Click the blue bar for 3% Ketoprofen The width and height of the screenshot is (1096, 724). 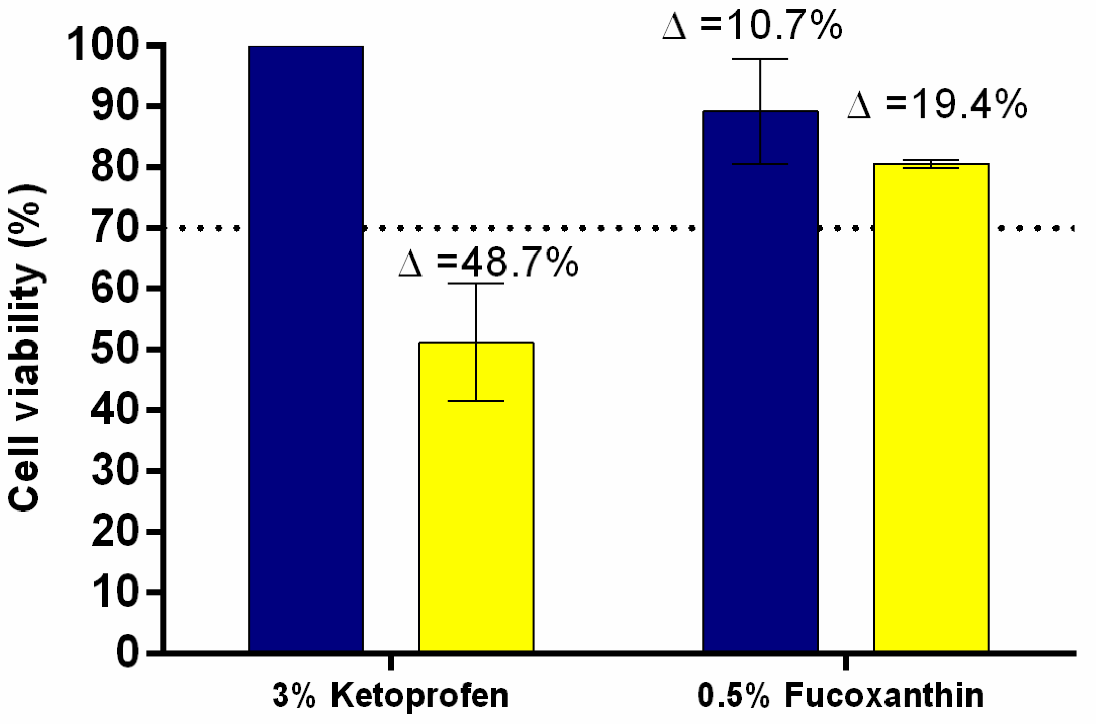click(x=306, y=349)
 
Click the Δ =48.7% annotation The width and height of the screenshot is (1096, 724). click(x=488, y=263)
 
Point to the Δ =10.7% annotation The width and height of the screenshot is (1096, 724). click(x=752, y=25)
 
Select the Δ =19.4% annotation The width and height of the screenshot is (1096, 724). click(x=937, y=105)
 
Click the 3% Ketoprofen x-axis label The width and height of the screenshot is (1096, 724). click(x=390, y=696)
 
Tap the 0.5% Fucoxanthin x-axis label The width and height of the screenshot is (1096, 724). click(x=840, y=696)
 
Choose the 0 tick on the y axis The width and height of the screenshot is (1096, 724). click(x=128, y=653)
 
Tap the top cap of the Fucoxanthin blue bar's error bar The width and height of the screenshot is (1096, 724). click(x=760, y=59)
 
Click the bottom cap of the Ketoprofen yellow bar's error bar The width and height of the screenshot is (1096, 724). click(x=476, y=401)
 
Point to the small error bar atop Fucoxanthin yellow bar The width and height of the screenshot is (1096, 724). click(x=931, y=163)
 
